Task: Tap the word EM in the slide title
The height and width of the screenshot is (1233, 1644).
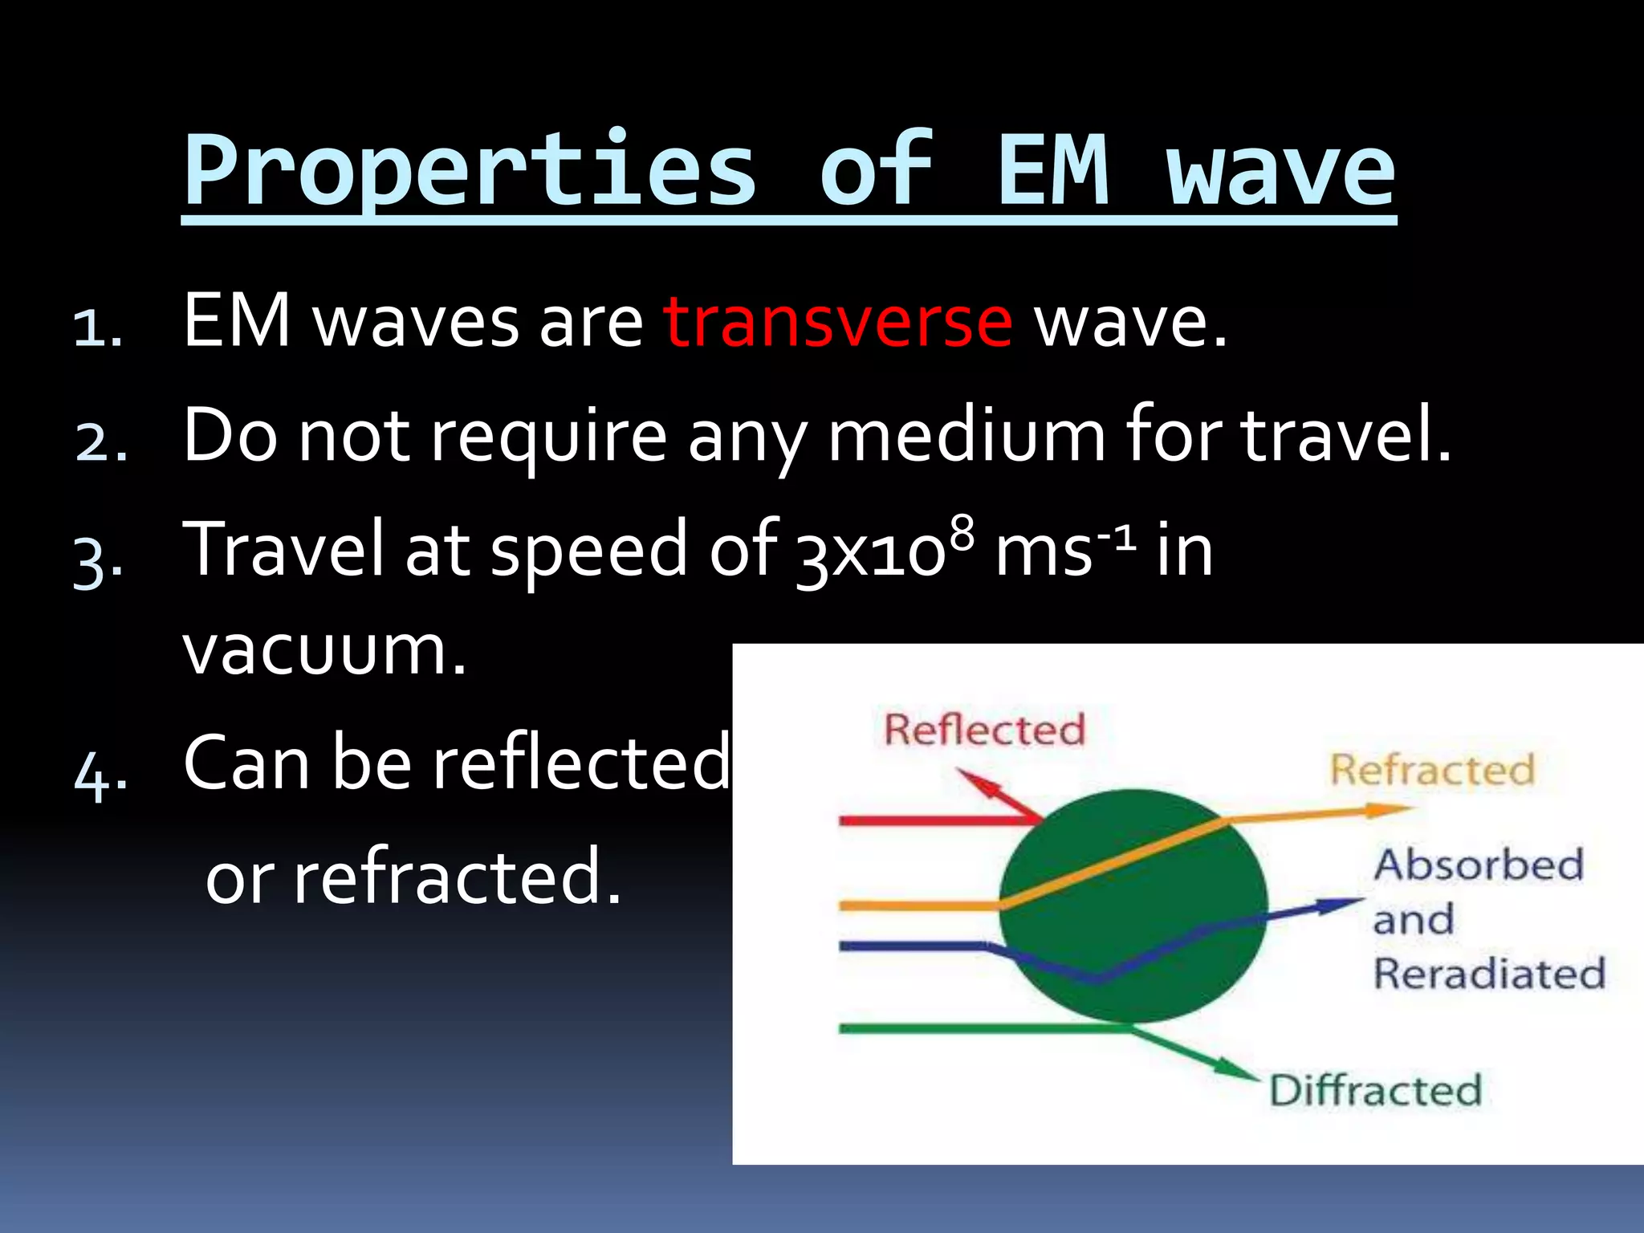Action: [x=1053, y=170]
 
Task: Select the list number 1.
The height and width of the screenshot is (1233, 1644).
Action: [x=96, y=328]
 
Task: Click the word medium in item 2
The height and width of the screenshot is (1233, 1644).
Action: [x=966, y=437]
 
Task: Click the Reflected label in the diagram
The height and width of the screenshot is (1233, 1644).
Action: [x=984, y=730]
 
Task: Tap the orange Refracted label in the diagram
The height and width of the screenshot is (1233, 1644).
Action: [x=1432, y=770]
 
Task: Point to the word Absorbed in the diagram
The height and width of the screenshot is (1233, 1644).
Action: [x=1479, y=865]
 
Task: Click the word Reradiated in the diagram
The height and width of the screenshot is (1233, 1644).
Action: [x=1489, y=974]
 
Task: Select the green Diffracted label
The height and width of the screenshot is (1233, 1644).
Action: [x=1375, y=1091]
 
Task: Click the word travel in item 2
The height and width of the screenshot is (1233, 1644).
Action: [x=1345, y=437]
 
